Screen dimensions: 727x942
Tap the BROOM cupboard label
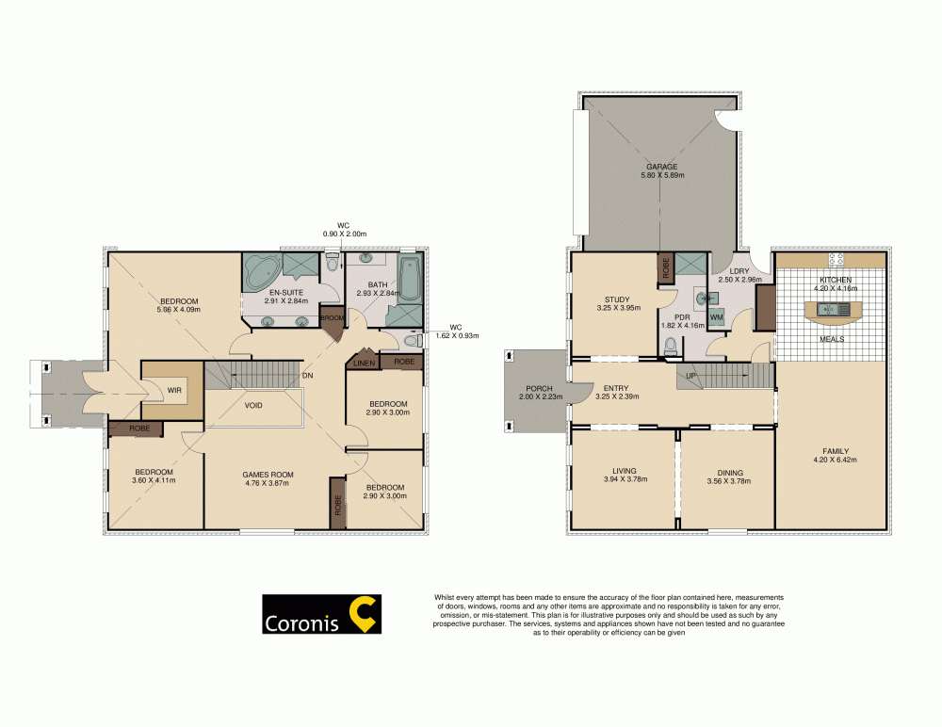(333, 317)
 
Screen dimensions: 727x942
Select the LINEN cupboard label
(365, 362)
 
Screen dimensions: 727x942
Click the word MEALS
(830, 339)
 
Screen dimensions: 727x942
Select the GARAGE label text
(661, 167)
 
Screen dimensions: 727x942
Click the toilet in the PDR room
(670, 347)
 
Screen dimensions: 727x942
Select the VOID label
(253, 405)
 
